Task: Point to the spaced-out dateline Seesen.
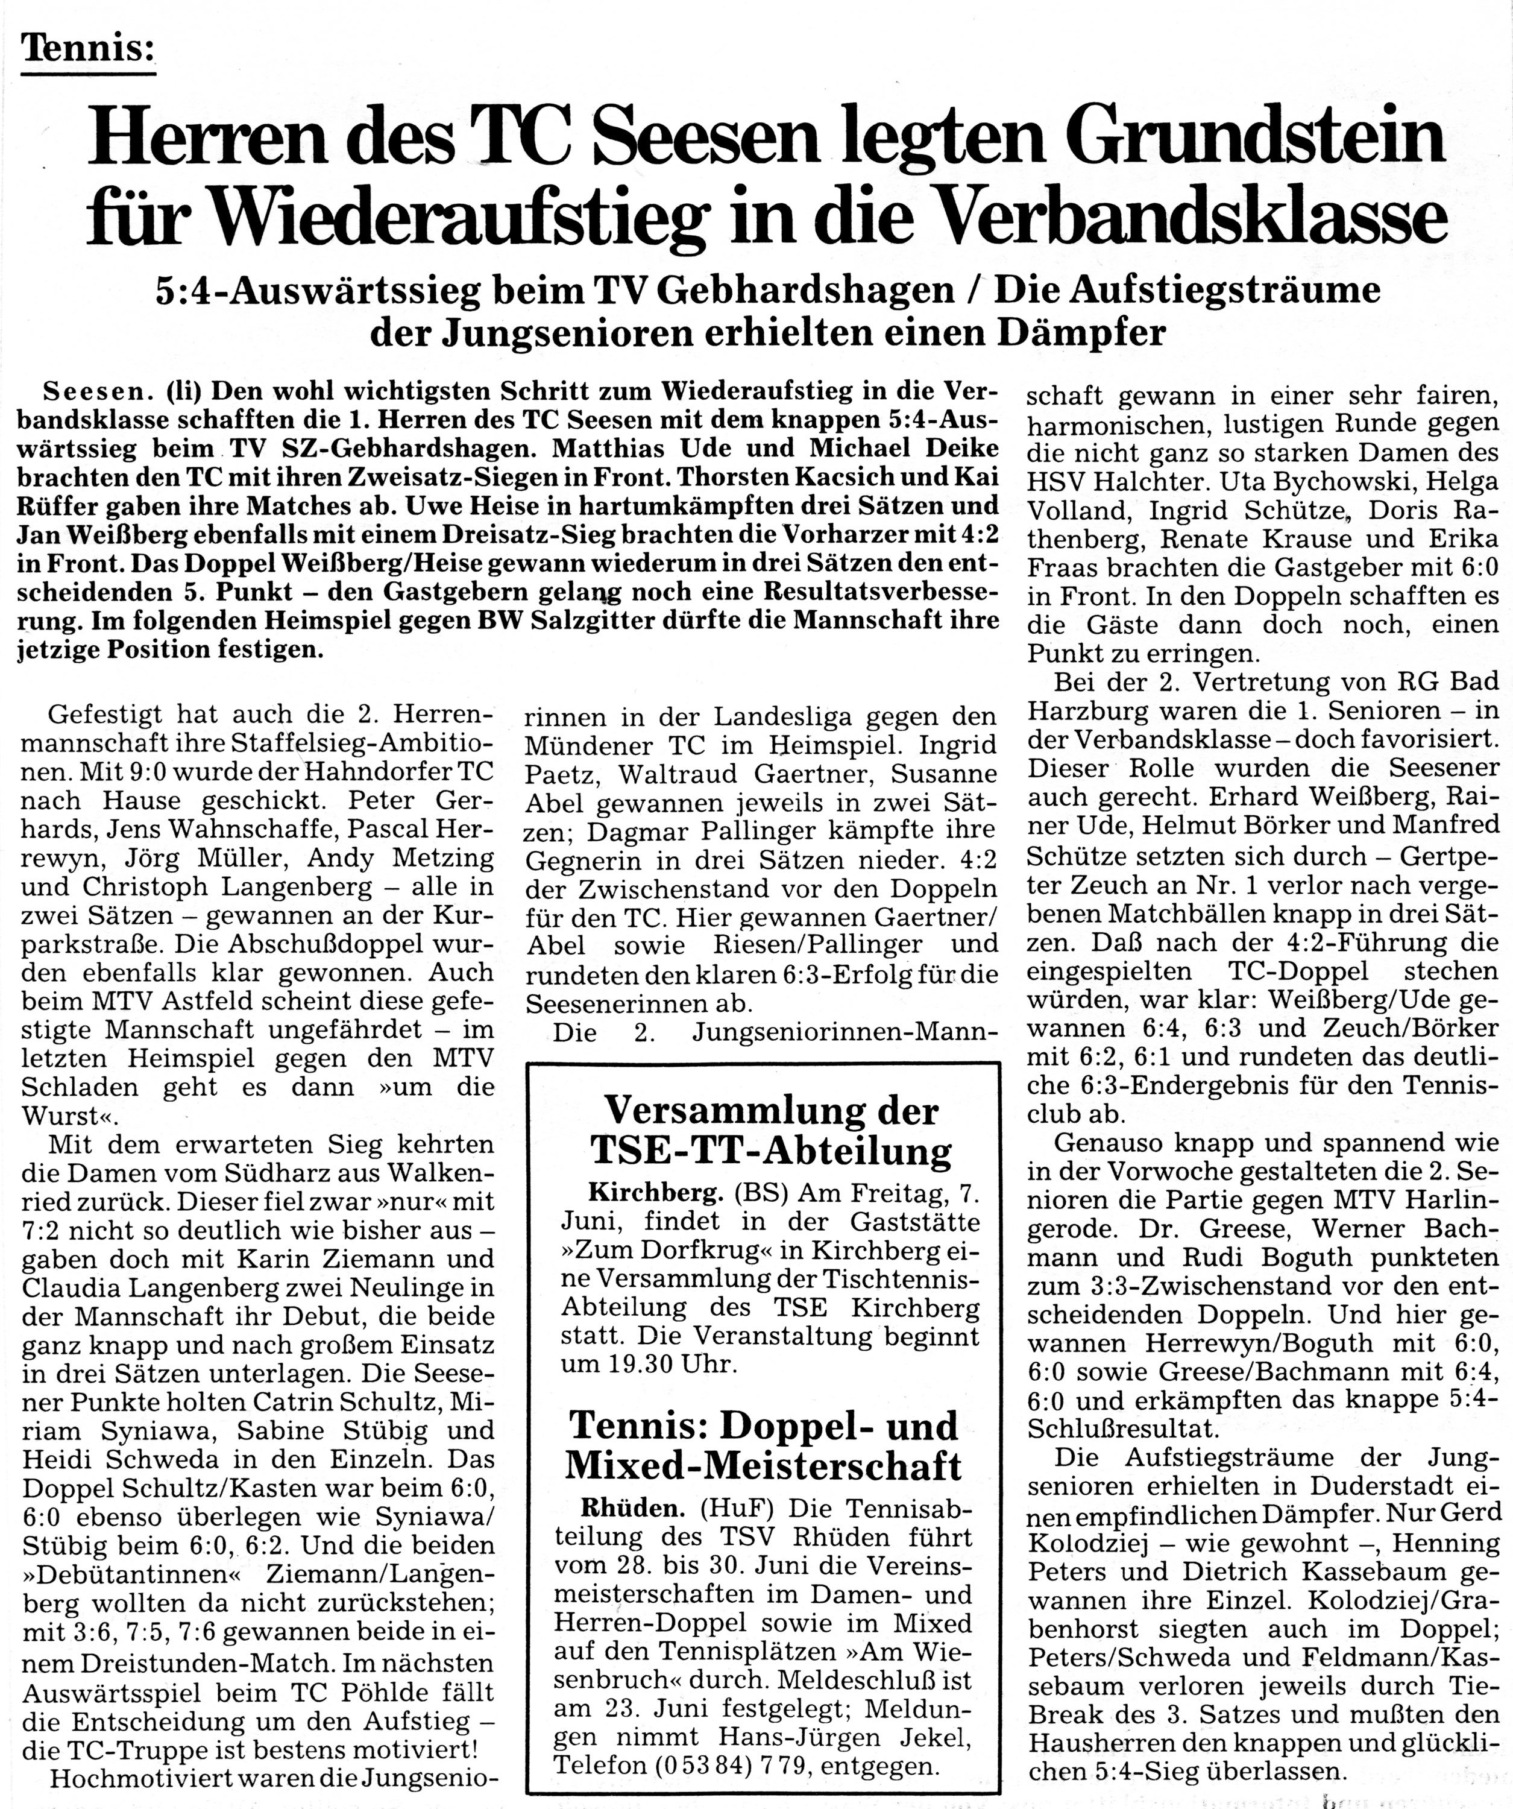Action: tap(96, 393)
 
